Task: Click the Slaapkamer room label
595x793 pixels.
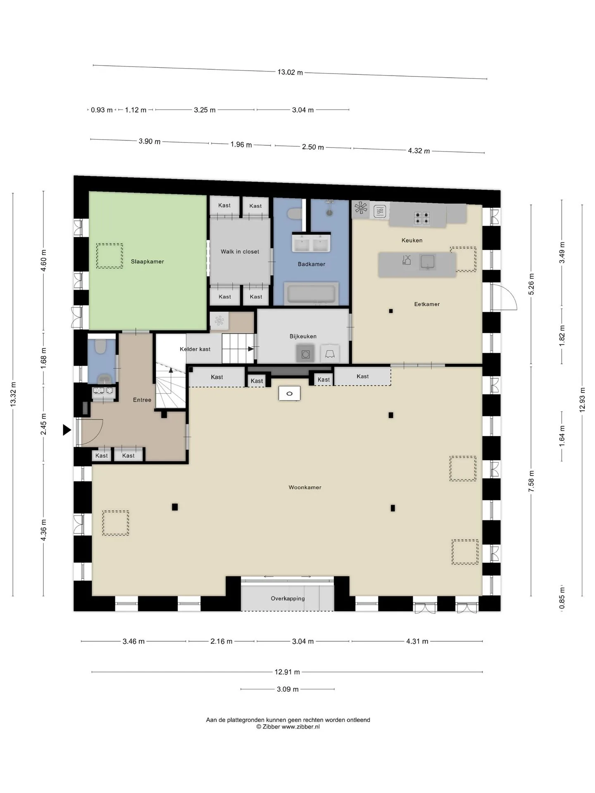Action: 148,261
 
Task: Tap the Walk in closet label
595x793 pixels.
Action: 240,252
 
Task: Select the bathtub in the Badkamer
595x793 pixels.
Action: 311,294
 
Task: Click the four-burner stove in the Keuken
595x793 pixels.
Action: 422,218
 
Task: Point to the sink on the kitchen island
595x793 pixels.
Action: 427,262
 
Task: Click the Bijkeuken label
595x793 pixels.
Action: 303,336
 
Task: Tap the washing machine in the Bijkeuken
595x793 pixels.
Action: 305,354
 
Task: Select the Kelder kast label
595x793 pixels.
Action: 195,349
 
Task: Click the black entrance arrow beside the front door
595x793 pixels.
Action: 67,430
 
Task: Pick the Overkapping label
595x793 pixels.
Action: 288,598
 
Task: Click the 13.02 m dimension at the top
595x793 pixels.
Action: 290,72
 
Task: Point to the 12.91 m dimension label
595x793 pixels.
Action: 287,672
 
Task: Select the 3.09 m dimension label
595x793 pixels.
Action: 288,689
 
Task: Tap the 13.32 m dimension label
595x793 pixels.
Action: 13,394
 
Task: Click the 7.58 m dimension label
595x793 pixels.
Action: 531,481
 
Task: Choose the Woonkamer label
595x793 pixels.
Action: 305,487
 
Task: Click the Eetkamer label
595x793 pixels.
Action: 427,304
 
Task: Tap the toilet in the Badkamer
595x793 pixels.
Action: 294,214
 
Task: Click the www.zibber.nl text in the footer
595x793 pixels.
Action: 301,727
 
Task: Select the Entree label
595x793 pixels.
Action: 142,400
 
